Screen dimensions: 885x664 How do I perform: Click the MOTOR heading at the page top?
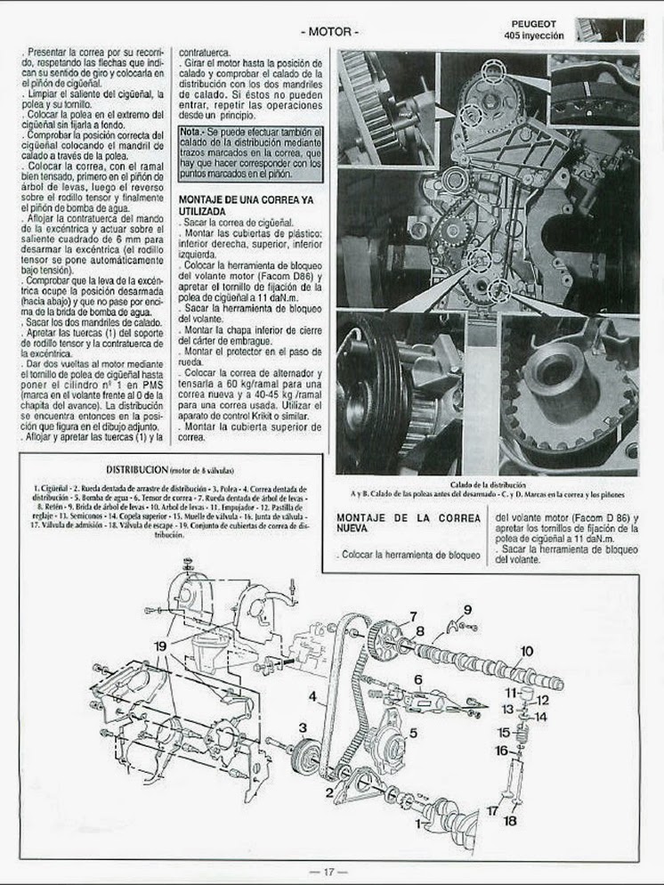[331, 31]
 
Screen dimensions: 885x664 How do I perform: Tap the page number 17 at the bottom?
[328, 872]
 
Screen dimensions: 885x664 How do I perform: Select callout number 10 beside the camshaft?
[526, 651]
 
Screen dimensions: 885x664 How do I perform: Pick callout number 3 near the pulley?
[303, 728]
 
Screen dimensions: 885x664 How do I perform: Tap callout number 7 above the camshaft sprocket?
[413, 616]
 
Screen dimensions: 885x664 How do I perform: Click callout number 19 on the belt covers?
[160, 645]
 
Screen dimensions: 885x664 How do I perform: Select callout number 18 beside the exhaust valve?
[510, 821]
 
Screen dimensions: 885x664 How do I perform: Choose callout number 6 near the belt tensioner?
[417, 679]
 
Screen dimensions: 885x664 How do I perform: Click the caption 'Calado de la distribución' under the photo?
[488, 483]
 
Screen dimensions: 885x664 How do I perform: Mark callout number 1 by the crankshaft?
[418, 825]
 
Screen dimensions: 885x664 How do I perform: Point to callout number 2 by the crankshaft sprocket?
[328, 792]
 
